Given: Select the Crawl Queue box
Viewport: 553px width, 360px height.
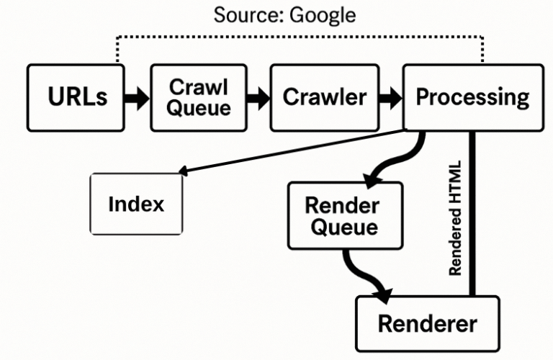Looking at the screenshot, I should pyautogui.click(x=199, y=97).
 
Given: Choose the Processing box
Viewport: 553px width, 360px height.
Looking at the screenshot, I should pyautogui.click(x=472, y=97).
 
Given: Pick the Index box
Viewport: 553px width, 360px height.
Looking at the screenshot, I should pyautogui.click(x=136, y=204).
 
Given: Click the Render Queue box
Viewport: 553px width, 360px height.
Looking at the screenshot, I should pyautogui.click(x=341, y=215).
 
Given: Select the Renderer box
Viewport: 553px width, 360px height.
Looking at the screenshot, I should pyautogui.click(x=427, y=323).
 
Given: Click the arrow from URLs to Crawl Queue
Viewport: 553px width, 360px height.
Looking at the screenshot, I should pyautogui.click(x=136, y=98).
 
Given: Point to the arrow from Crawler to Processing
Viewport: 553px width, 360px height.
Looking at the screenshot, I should pyautogui.click(x=390, y=98).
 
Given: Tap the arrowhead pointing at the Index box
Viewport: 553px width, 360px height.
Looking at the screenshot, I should pyautogui.click(x=181, y=171).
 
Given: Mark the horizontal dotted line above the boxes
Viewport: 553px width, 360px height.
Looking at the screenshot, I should pyautogui.click(x=299, y=36).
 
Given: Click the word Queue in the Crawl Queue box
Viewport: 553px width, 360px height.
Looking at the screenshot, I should pyautogui.click(x=199, y=108).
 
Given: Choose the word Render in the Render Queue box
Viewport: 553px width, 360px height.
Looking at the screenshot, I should pyautogui.click(x=341, y=204).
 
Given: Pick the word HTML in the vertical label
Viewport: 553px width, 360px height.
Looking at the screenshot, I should pyautogui.click(x=455, y=178).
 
